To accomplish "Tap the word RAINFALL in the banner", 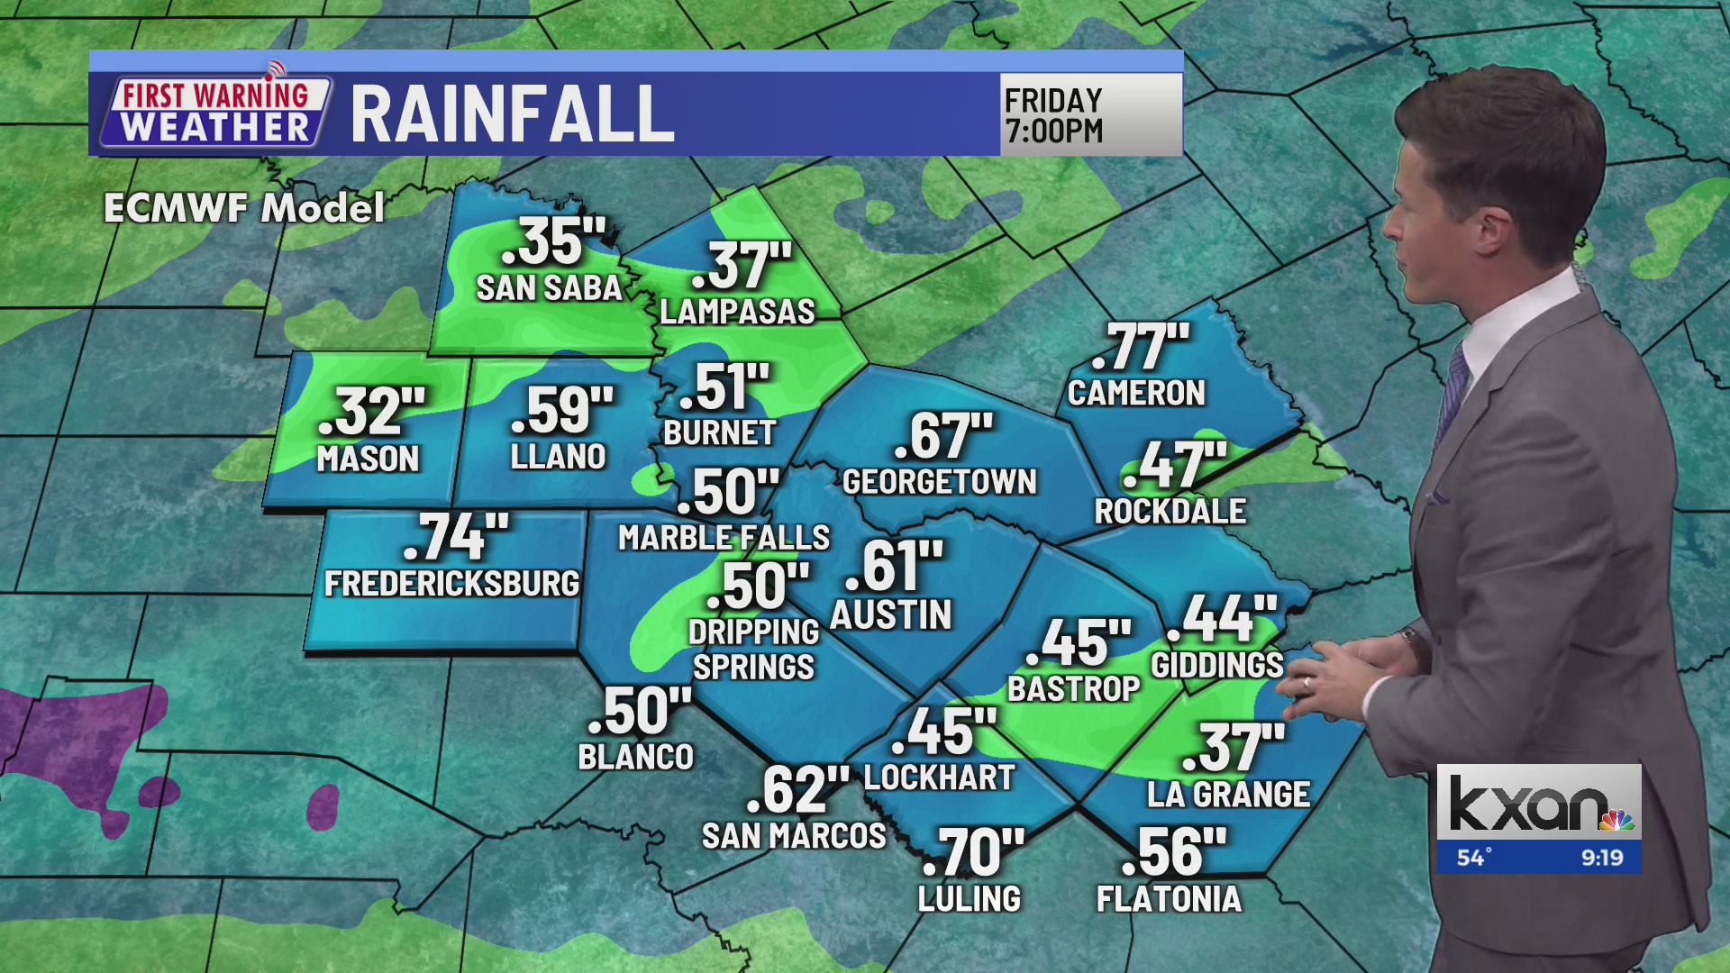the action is pyautogui.click(x=512, y=114).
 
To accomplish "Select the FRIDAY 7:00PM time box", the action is pyautogui.click(x=1089, y=114).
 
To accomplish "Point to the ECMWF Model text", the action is pyautogui.click(x=244, y=208).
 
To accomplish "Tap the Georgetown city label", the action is pyautogui.click(x=940, y=482).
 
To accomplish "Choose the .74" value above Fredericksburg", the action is pyautogui.click(x=456, y=538).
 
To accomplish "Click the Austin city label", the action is pyautogui.click(x=890, y=615).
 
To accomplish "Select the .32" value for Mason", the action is pyautogui.click(x=371, y=412).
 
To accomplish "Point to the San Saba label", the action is pyautogui.click(x=549, y=288).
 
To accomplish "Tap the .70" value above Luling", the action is pyautogui.click(x=973, y=852).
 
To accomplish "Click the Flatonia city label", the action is pyautogui.click(x=1169, y=899).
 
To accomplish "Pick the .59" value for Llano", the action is pyautogui.click(x=562, y=411).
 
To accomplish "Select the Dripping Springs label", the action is pyautogui.click(x=753, y=650).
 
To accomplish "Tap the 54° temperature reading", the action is pyautogui.click(x=1474, y=858).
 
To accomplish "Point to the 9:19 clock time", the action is pyautogui.click(x=1602, y=858).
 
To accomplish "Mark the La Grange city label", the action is pyautogui.click(x=1228, y=795).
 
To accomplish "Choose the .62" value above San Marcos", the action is pyautogui.click(x=797, y=790).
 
